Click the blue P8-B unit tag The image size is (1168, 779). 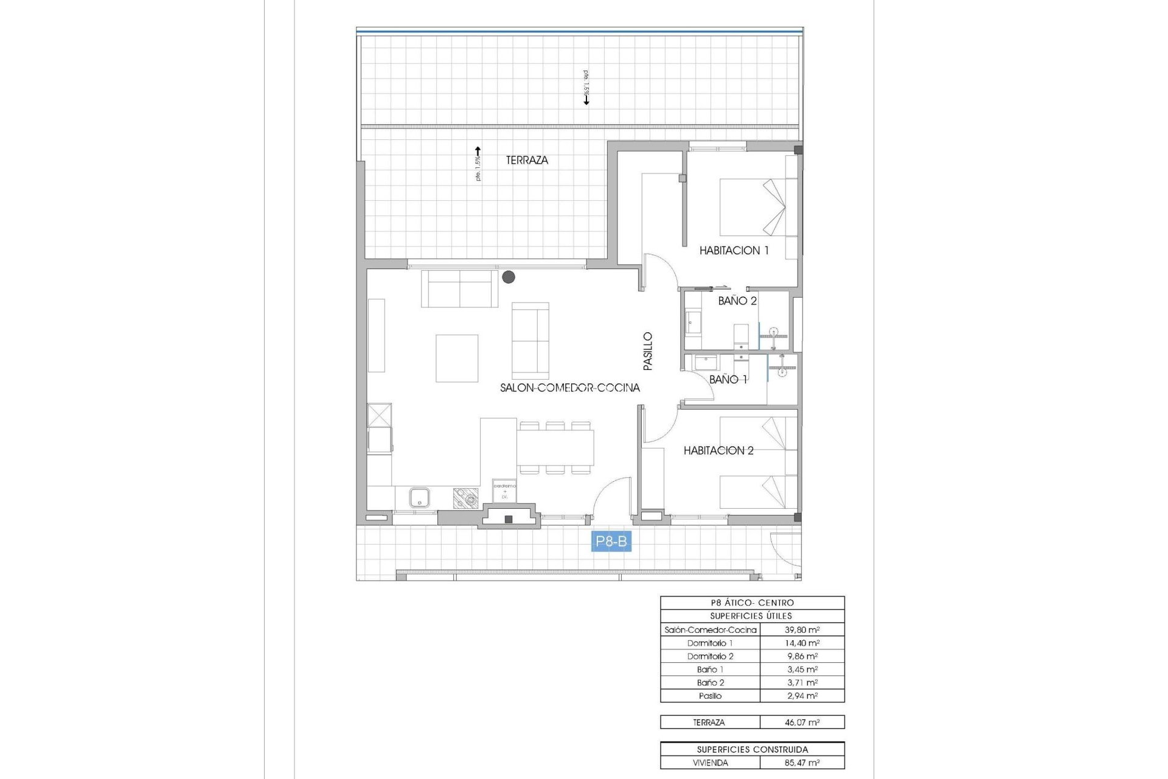[611, 541]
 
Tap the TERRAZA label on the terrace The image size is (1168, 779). [527, 160]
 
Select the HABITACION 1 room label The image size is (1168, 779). [734, 250]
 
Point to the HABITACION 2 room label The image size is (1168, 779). [718, 450]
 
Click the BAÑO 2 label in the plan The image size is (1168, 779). [737, 301]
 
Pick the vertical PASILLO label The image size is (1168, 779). [648, 351]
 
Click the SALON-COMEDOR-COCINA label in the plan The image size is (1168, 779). [569, 388]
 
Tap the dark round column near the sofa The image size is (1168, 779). [509, 277]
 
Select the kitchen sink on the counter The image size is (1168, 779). [419, 498]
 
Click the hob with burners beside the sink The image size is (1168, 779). [465, 498]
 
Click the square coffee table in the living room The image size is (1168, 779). [456, 358]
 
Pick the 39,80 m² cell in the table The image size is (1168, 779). [802, 630]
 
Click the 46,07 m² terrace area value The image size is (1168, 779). [802, 722]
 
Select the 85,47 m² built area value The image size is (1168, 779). [802, 763]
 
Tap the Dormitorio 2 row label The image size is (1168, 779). [710, 656]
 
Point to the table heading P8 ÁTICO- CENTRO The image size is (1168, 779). [752, 603]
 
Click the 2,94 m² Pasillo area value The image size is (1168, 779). [802, 696]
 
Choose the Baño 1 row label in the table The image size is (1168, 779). [710, 669]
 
